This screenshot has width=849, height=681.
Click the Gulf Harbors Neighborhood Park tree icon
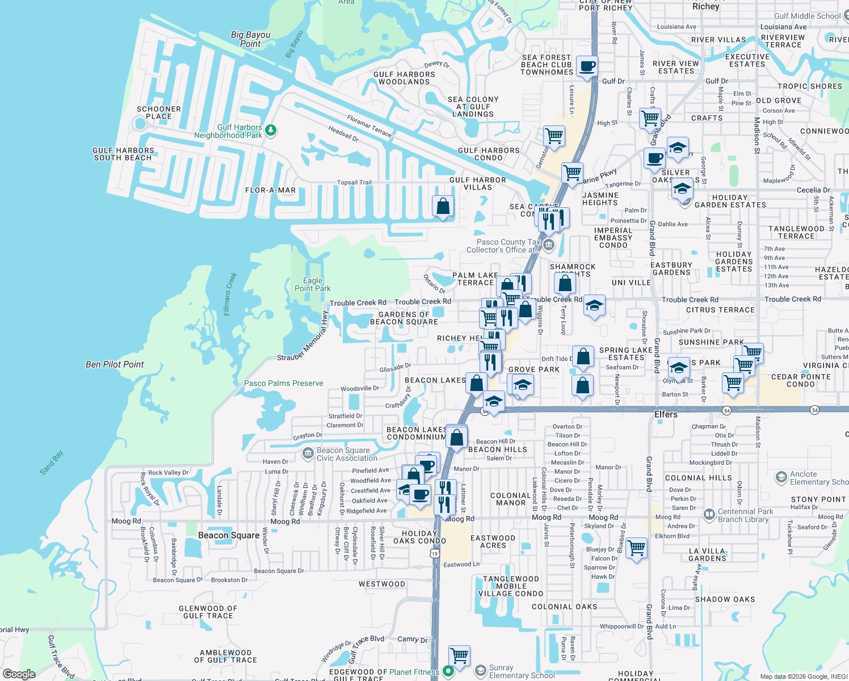(x=271, y=131)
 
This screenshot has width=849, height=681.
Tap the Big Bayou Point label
(x=250, y=39)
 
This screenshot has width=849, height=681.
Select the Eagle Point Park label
(x=312, y=284)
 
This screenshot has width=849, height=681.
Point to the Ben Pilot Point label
(x=115, y=364)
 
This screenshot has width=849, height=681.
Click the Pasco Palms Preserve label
(x=283, y=383)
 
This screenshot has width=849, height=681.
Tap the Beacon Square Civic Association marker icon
(x=308, y=453)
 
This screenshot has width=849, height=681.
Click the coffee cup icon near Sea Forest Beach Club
(x=587, y=66)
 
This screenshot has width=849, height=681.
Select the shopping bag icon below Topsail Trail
(x=443, y=207)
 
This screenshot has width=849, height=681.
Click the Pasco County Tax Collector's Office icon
(x=548, y=245)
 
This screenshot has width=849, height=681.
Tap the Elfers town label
(x=666, y=414)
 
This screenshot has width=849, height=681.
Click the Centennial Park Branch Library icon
(x=709, y=515)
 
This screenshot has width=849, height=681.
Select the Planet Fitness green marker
(x=448, y=671)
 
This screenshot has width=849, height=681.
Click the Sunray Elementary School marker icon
(x=480, y=671)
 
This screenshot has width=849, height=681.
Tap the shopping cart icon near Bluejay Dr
(x=636, y=548)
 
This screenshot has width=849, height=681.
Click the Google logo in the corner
(x=19, y=674)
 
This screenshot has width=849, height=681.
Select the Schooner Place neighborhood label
(x=159, y=112)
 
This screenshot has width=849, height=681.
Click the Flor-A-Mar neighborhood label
(x=270, y=190)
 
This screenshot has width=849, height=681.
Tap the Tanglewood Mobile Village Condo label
(x=511, y=586)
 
